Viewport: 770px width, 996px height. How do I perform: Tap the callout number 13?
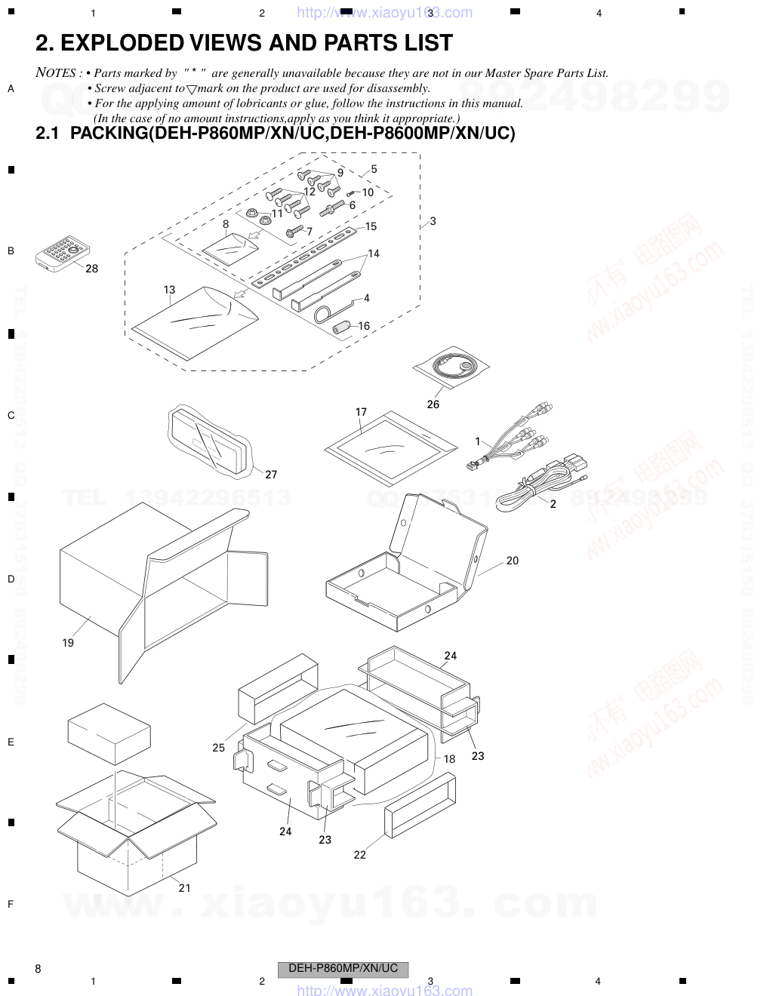169,290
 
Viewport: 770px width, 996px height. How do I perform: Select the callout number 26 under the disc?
433,404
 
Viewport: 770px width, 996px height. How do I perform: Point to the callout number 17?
361,412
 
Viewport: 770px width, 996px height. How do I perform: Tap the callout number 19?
68,643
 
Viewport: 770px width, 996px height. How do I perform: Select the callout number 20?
513,561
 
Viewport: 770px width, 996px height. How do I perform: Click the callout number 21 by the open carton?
185,888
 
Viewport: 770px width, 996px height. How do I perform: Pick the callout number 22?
359,855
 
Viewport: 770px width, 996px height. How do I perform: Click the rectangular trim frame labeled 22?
419,807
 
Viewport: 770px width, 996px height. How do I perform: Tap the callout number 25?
218,748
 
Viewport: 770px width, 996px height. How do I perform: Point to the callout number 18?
449,759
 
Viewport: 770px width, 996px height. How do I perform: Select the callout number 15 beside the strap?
371,226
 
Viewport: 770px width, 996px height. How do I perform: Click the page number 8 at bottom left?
38,969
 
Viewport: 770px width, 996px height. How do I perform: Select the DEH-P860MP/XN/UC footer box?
343,969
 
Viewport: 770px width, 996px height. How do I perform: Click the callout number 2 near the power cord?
553,504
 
